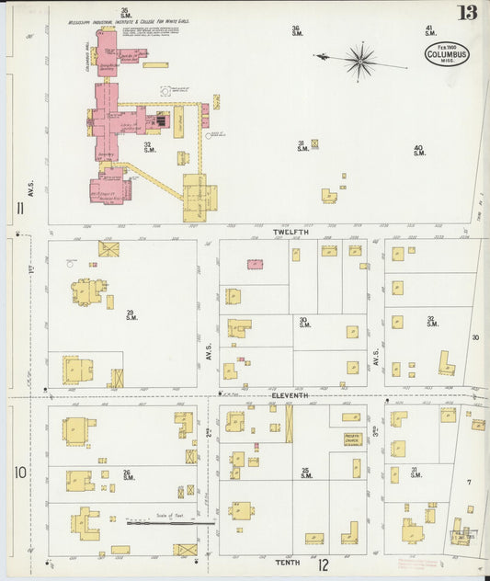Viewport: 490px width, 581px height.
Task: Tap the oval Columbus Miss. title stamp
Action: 447,54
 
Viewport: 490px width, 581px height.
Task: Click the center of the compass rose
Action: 360,61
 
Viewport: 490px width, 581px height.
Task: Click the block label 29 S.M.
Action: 131,314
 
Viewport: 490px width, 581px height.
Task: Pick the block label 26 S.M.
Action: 127,475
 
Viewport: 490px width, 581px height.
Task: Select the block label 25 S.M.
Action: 306,473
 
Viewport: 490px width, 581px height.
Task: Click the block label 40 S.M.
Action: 419,150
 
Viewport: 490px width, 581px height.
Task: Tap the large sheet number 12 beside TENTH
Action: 323,564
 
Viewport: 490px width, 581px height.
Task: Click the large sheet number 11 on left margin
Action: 19,209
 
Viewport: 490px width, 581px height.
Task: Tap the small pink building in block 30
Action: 255,264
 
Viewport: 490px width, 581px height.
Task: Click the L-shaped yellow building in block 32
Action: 446,362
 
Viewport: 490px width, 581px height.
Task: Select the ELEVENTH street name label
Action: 291,395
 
